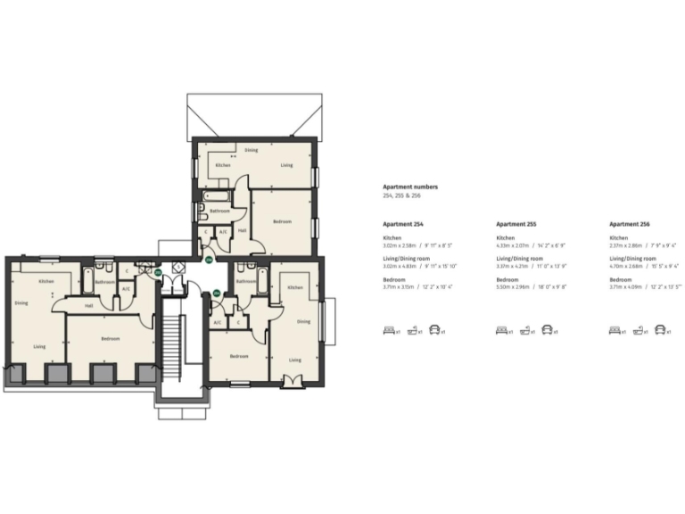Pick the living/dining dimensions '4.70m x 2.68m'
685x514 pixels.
pos(626,266)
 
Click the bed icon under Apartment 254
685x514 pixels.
pos(389,330)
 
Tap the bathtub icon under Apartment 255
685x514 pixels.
pos(526,330)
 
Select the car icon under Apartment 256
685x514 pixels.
pos(661,330)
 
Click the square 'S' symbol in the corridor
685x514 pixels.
pos(179,266)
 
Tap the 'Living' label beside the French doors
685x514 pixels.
pos(294,360)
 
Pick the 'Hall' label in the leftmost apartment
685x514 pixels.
pos(88,306)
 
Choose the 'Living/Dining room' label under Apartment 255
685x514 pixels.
pos(518,259)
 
